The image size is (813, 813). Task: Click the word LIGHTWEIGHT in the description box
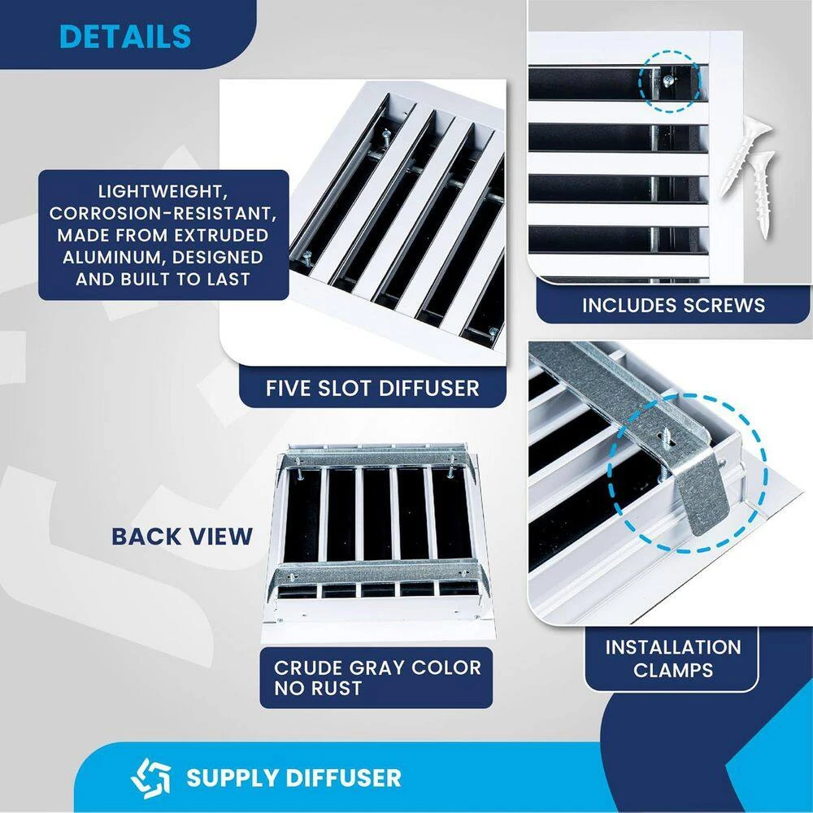click(163, 193)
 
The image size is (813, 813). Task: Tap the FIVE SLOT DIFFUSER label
click(372, 388)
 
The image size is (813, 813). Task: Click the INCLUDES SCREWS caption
click(673, 305)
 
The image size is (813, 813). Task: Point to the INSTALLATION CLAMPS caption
click(672, 659)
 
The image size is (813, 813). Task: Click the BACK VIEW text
click(182, 537)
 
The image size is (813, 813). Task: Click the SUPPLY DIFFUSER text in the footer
click(293, 777)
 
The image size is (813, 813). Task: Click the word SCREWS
click(725, 305)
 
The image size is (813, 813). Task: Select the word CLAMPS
click(672, 670)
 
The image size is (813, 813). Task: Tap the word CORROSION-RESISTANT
click(163, 214)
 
